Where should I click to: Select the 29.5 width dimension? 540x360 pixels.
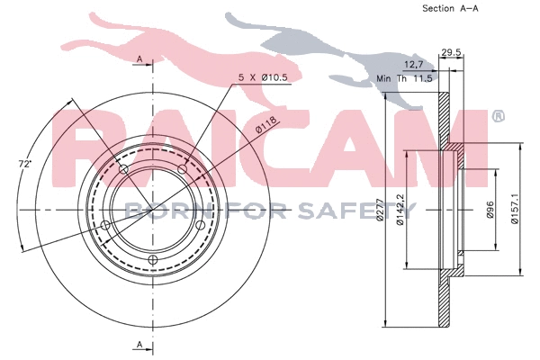click(451, 52)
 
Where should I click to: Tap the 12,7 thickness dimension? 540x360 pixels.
click(414, 65)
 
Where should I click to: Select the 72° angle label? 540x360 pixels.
click(28, 166)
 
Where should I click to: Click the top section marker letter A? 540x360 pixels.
click(139, 58)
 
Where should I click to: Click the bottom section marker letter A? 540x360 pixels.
click(139, 344)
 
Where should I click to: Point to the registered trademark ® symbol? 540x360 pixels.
click(498, 117)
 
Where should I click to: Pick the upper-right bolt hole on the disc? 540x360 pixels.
click(182, 169)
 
